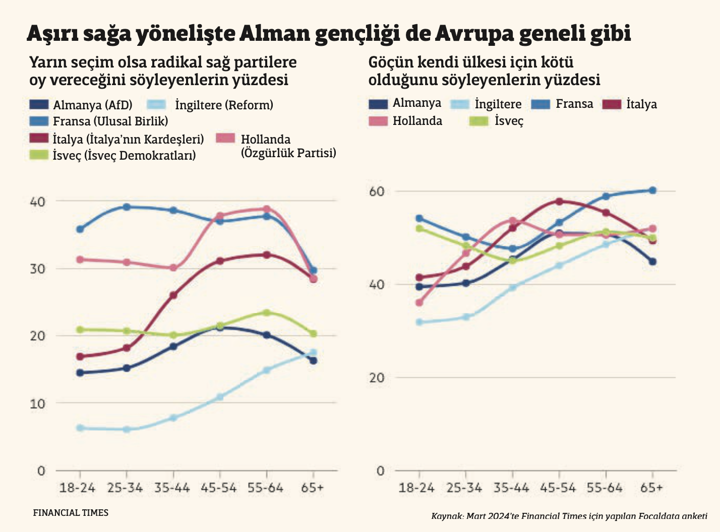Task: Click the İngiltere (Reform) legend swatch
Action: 156,105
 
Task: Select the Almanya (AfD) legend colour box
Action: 39,105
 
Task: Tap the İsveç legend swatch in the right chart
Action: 478,121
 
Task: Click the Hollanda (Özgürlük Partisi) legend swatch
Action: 225,139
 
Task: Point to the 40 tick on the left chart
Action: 38,202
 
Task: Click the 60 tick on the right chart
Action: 376,191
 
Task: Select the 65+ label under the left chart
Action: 313,488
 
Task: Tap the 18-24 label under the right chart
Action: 416,488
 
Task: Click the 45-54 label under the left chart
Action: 219,488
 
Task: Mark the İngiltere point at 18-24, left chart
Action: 80,428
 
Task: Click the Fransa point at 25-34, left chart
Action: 127,207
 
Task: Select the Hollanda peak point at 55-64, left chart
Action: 267,209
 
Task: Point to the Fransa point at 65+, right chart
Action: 652,190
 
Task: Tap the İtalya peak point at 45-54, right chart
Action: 559,201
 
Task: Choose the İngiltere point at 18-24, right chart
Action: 419,322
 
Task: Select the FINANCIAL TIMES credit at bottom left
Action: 71,513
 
